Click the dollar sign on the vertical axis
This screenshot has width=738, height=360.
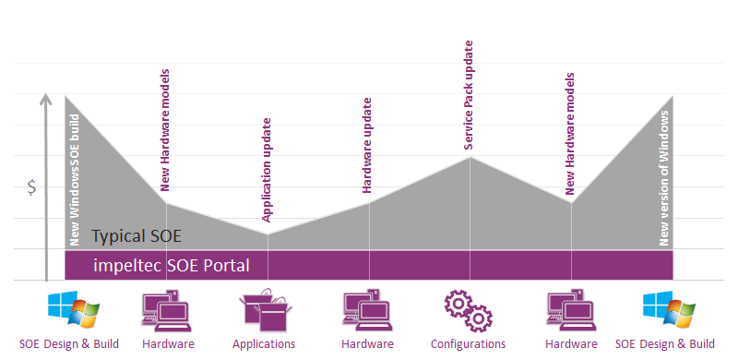tap(31, 187)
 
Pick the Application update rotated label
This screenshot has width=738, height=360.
tap(267, 170)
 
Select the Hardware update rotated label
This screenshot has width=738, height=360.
tap(366, 144)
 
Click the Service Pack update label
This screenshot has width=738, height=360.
tap(468, 94)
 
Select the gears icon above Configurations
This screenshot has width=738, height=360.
tap(468, 310)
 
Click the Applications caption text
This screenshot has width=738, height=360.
tap(264, 344)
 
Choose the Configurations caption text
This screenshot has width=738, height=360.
tap(467, 344)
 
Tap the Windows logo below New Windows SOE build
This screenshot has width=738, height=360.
tap(71, 311)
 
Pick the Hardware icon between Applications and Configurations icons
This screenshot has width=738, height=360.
tap(366, 310)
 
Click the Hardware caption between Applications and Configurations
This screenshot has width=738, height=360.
tap(367, 344)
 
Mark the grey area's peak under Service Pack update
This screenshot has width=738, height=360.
tap(470, 159)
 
